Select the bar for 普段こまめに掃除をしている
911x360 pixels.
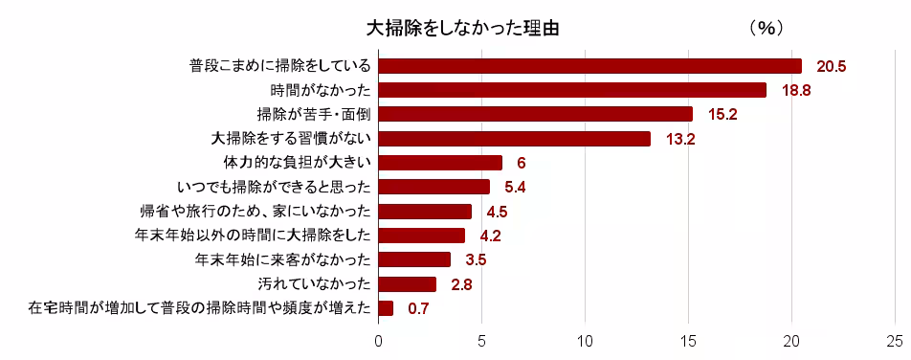[590, 66]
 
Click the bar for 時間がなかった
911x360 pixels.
[572, 90]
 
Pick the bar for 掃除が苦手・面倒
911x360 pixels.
[536, 114]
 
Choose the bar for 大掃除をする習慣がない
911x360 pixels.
[515, 139]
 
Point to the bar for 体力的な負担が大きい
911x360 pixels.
[441, 163]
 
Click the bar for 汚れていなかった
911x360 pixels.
[408, 283]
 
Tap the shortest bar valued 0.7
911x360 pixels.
[387, 308]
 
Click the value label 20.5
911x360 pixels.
[832, 66]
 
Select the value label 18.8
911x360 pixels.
[796, 90]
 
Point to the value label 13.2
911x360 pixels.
[680, 139]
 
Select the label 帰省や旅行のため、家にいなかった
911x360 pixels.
[255, 211]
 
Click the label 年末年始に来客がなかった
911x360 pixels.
[282, 259]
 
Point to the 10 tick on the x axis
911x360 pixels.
[585, 340]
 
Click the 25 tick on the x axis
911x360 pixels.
[894, 340]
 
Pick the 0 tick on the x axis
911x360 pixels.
[379, 340]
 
